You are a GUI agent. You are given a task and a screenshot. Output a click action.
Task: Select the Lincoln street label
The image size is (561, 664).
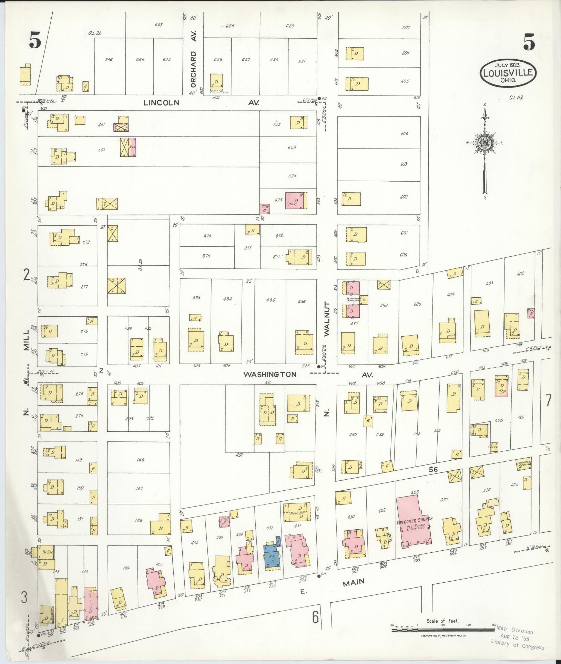(162, 103)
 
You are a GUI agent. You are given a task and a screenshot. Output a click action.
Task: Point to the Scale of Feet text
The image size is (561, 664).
(442, 621)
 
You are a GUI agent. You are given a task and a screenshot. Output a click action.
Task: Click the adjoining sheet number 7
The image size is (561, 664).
(548, 400)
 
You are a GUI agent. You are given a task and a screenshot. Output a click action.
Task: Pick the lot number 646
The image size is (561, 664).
(109, 60)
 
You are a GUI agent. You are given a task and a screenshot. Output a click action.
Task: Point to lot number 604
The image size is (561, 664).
(404, 133)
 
